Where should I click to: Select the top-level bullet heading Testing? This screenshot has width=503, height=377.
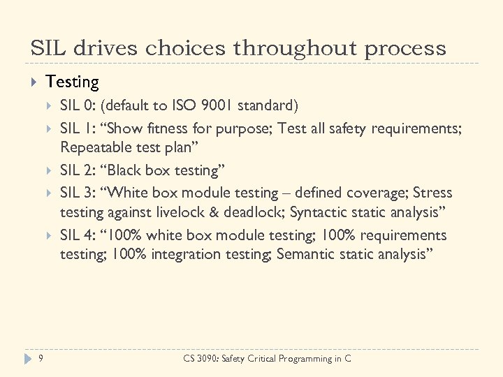72,82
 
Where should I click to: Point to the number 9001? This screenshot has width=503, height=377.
217,106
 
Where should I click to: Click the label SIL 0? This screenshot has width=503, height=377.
78,106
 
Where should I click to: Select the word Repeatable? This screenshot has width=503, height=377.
94,147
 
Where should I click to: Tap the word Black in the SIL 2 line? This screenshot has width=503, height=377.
133,170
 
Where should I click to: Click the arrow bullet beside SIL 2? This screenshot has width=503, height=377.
48,170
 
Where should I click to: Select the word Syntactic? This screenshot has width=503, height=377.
320,212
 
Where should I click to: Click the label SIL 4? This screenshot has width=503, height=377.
78,235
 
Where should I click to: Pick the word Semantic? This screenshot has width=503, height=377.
305,255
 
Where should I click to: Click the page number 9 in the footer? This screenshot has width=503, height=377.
41,359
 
